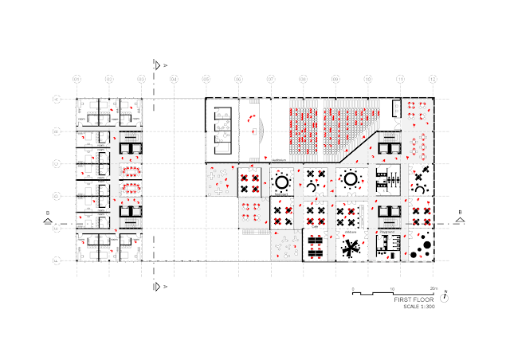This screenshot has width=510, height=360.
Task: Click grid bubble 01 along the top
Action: [x=77, y=80]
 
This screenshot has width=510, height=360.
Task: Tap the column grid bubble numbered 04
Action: [x=174, y=80]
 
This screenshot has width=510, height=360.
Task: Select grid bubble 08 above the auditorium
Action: [x=303, y=80]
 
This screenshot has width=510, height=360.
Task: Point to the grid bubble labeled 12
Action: [x=433, y=80]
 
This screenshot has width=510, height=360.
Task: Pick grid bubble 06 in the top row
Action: [x=238, y=80]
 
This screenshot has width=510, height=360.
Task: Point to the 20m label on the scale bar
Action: [x=433, y=288]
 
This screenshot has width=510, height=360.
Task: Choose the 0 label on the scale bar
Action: [x=352, y=288]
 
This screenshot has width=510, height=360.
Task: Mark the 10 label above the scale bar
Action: [x=392, y=288]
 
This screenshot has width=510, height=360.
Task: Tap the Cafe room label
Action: [x=315, y=227]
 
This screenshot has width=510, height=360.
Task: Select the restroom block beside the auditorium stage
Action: [x=222, y=127]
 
